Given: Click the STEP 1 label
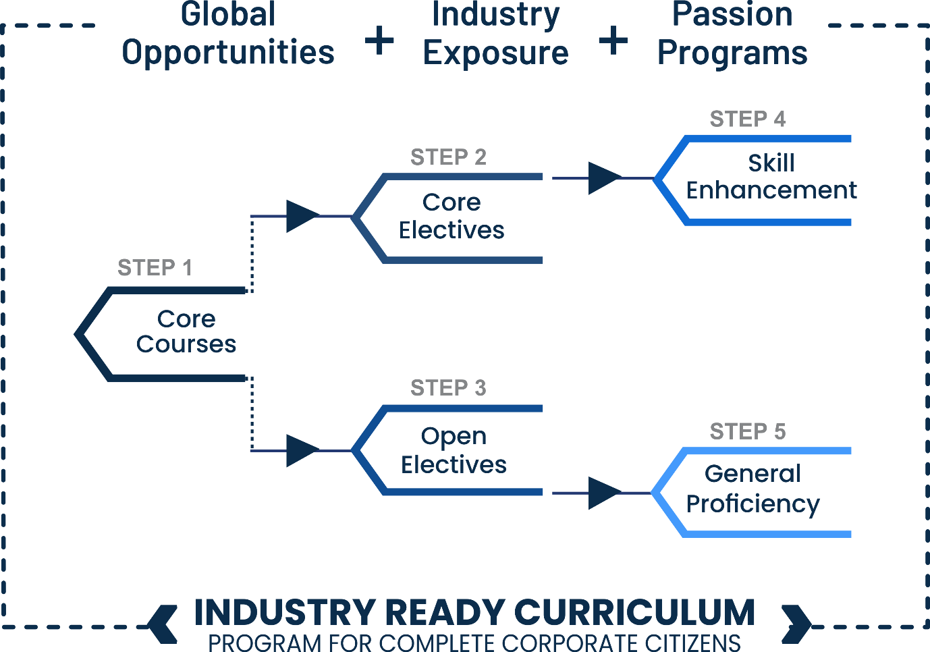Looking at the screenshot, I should point(155,268).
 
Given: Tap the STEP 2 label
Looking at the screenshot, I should point(448,157).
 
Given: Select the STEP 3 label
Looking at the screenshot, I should point(448,388).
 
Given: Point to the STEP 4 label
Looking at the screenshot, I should point(748,119).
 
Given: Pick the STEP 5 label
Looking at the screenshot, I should point(748,431).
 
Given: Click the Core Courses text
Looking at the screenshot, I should point(186,331).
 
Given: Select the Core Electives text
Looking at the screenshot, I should point(452,216).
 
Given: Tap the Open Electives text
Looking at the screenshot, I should point(454,450).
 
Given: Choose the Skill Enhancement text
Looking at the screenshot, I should point(771,176).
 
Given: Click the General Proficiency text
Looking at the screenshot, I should point(753,489).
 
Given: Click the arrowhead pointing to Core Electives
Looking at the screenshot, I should point(302,216).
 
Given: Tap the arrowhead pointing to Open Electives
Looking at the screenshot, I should point(302,450).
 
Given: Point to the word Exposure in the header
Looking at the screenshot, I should point(496,53).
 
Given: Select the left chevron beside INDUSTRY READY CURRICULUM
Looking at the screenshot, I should point(163,624).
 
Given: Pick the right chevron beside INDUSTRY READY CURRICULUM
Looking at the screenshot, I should point(796,624).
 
